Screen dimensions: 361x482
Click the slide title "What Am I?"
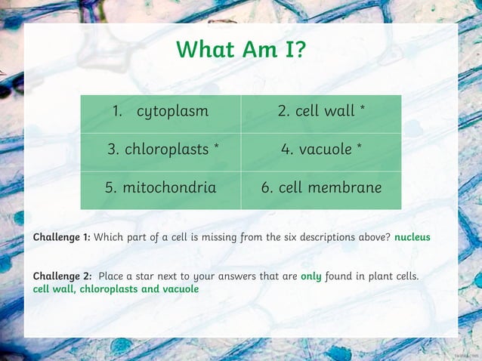coord(241,50)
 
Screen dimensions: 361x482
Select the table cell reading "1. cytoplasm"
coord(160,112)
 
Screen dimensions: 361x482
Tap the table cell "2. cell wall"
coord(321,112)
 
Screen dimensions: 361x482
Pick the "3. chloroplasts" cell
coord(160,150)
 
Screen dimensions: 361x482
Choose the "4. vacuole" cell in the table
coord(321,150)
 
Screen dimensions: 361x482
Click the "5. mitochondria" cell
coord(160,187)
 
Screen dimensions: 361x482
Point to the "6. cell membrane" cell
coord(321,187)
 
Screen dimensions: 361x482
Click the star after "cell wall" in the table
coord(363,110)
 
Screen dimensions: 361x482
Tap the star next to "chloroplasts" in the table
coord(217,147)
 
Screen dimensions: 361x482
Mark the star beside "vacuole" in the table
coord(359,147)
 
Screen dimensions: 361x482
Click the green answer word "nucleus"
coord(412,237)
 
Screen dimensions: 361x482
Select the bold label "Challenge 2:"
coord(62,276)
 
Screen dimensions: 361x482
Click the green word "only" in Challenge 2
coord(311,276)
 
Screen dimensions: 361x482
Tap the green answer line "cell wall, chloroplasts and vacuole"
coord(116,289)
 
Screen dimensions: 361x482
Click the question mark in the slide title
coord(300,50)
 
